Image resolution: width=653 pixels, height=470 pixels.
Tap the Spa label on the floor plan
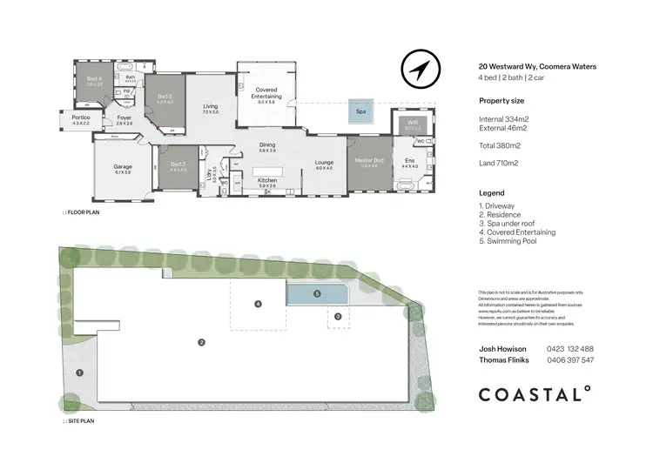(360, 111)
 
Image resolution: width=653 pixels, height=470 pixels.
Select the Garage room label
(122, 169)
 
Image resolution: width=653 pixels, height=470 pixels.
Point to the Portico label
(81, 119)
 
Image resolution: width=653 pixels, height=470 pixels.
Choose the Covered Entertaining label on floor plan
(266, 93)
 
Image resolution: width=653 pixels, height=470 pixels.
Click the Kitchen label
(266, 182)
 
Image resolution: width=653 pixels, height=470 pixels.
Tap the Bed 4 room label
(95, 80)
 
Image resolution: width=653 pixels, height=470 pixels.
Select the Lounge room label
(324, 163)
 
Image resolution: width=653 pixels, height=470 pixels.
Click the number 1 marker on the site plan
(80, 373)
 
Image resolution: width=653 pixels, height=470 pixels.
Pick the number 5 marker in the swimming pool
(317, 294)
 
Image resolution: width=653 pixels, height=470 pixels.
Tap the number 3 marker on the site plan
(339, 317)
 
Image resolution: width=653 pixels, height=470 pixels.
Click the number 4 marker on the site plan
(258, 304)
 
